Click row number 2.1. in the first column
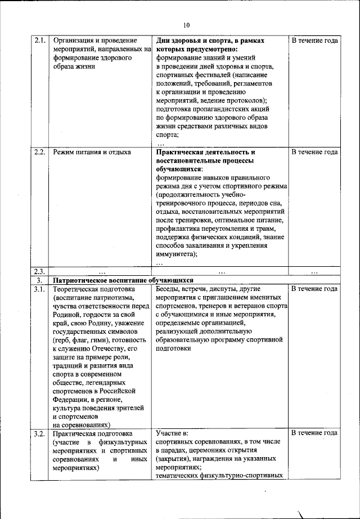pyautogui.click(x=39, y=41)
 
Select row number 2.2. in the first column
pyautogui.click(x=39, y=152)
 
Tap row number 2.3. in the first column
pyautogui.click(x=39, y=271)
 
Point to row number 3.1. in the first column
pyautogui.click(x=39, y=289)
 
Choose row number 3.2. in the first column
pyautogui.click(x=39, y=433)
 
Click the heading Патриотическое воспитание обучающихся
pyautogui.click(x=123, y=280)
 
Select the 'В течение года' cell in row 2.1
pyautogui.click(x=314, y=41)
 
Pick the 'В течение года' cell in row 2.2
pyautogui.click(x=314, y=152)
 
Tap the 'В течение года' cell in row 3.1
pyautogui.click(x=314, y=289)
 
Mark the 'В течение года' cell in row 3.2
pyautogui.click(x=314, y=433)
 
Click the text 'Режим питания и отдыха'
pyautogui.click(x=92, y=152)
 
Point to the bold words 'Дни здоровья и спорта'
pyautogui.click(x=195, y=41)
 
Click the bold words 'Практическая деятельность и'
pyautogui.click(x=206, y=152)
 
